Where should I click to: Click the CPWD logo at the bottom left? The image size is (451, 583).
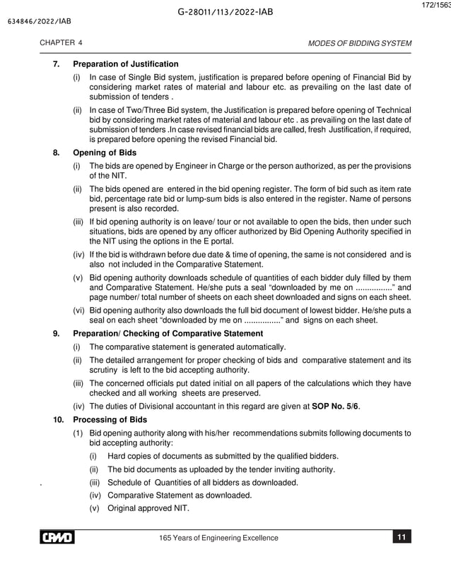tap(59, 539)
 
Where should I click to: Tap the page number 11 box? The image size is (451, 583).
tap(401, 539)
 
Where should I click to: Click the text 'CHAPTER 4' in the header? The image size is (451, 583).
tap(61, 44)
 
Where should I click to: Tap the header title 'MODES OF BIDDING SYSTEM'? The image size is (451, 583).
tap(359, 44)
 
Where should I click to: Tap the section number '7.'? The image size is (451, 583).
tap(56, 64)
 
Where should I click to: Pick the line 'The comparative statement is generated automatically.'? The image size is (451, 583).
tap(187, 347)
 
